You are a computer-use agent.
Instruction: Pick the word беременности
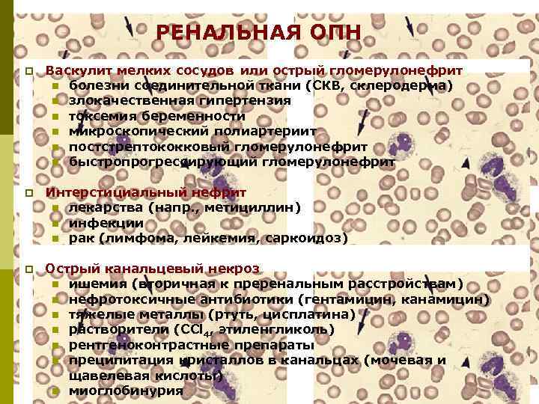click(x=199, y=116)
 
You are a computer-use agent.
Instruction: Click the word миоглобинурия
click(x=126, y=391)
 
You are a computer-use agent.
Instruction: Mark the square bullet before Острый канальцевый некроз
click(x=28, y=269)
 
